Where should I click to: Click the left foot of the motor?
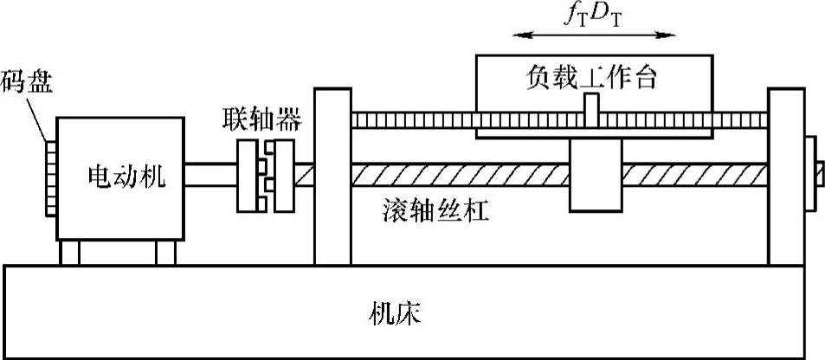pyautogui.click(x=69, y=254)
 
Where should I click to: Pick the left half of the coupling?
pyautogui.click(x=248, y=177)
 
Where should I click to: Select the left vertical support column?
pyautogui.click(x=332, y=177)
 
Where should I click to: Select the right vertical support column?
pyautogui.click(x=785, y=177)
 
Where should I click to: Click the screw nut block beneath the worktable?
pyautogui.click(x=593, y=177)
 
